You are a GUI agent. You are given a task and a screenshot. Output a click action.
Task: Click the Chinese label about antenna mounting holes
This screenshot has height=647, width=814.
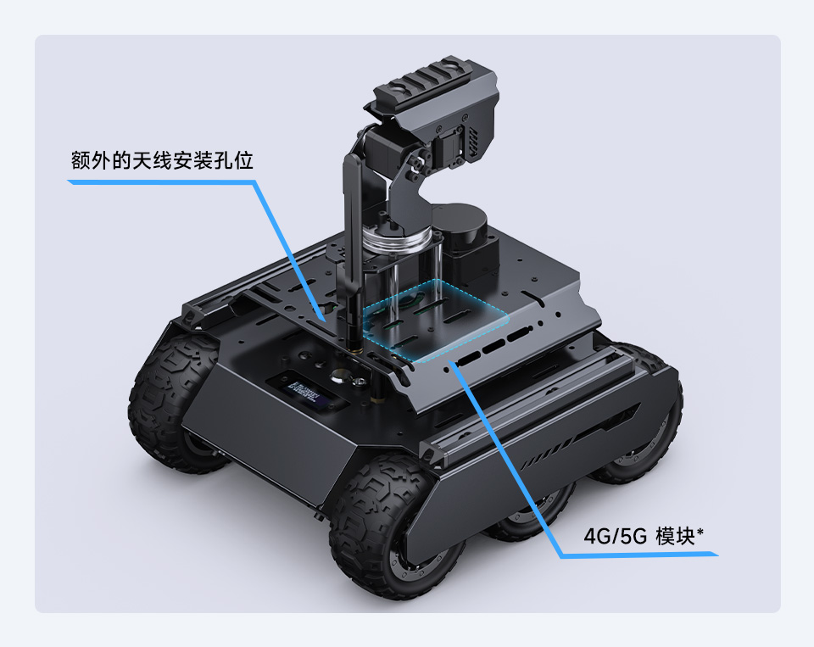(x=162, y=161)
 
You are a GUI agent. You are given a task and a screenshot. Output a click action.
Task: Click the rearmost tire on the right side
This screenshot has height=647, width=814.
(x=649, y=407)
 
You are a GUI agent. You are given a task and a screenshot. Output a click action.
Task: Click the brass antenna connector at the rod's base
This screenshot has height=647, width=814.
(x=352, y=346)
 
